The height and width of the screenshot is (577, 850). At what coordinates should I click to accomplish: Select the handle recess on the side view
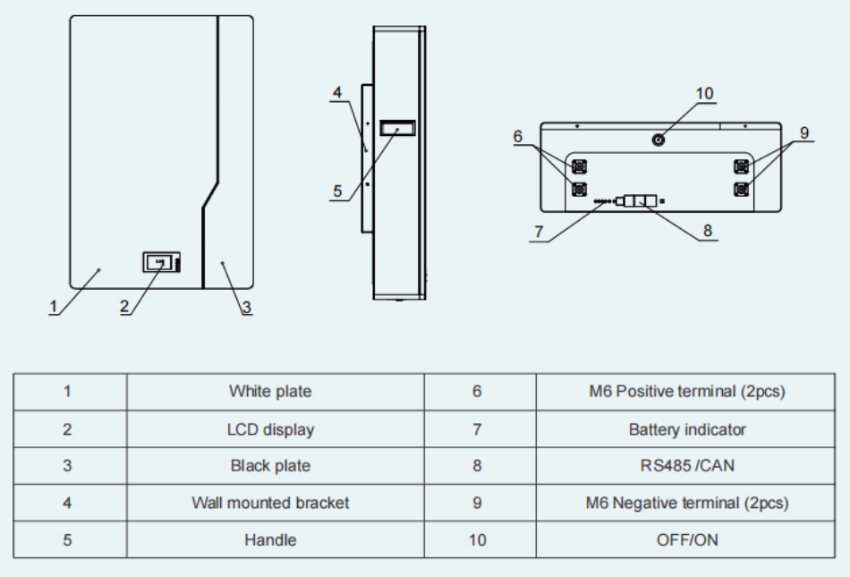click(x=396, y=129)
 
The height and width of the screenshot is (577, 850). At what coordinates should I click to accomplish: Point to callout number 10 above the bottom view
click(x=704, y=94)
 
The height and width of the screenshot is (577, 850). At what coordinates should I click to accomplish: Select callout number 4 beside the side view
click(x=336, y=93)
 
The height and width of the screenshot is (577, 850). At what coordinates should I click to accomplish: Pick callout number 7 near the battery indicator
click(x=539, y=231)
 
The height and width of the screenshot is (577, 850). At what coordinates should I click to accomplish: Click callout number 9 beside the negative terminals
click(x=804, y=132)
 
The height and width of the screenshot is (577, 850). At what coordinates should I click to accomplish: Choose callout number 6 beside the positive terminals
click(x=517, y=136)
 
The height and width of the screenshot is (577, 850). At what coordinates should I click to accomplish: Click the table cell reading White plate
click(x=270, y=391)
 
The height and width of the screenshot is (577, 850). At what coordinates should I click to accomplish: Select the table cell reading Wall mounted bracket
click(x=270, y=503)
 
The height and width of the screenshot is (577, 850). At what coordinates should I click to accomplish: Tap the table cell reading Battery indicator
click(x=686, y=429)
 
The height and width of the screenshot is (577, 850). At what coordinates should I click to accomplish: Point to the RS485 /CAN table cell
click(x=686, y=465)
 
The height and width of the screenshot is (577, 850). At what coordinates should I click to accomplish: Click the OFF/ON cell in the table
click(x=686, y=539)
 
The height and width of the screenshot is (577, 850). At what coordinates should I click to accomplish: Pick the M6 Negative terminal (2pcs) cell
click(x=686, y=503)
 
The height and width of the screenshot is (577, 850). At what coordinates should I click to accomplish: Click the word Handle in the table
click(x=270, y=539)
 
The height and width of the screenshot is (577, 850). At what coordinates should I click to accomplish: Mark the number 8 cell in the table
click(x=477, y=465)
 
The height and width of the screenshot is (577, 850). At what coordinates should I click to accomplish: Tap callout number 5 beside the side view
click(x=337, y=191)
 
